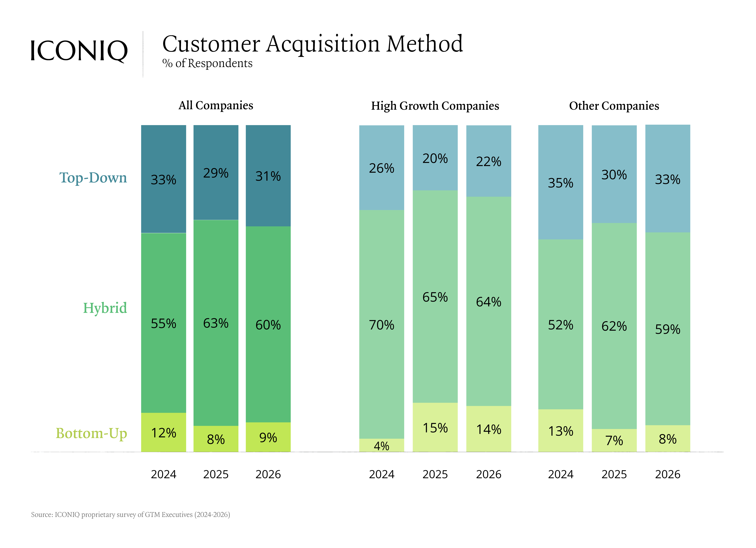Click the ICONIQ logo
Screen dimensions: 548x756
tap(79, 51)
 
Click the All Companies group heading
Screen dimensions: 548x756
tap(216, 105)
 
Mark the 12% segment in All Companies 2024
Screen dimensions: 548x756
tap(163, 432)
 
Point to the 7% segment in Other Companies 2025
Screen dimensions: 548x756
tap(614, 440)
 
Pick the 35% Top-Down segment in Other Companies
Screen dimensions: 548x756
tap(561, 183)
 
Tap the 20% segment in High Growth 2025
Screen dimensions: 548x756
tap(435, 158)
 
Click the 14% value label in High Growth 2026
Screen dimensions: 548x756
tap(489, 429)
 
